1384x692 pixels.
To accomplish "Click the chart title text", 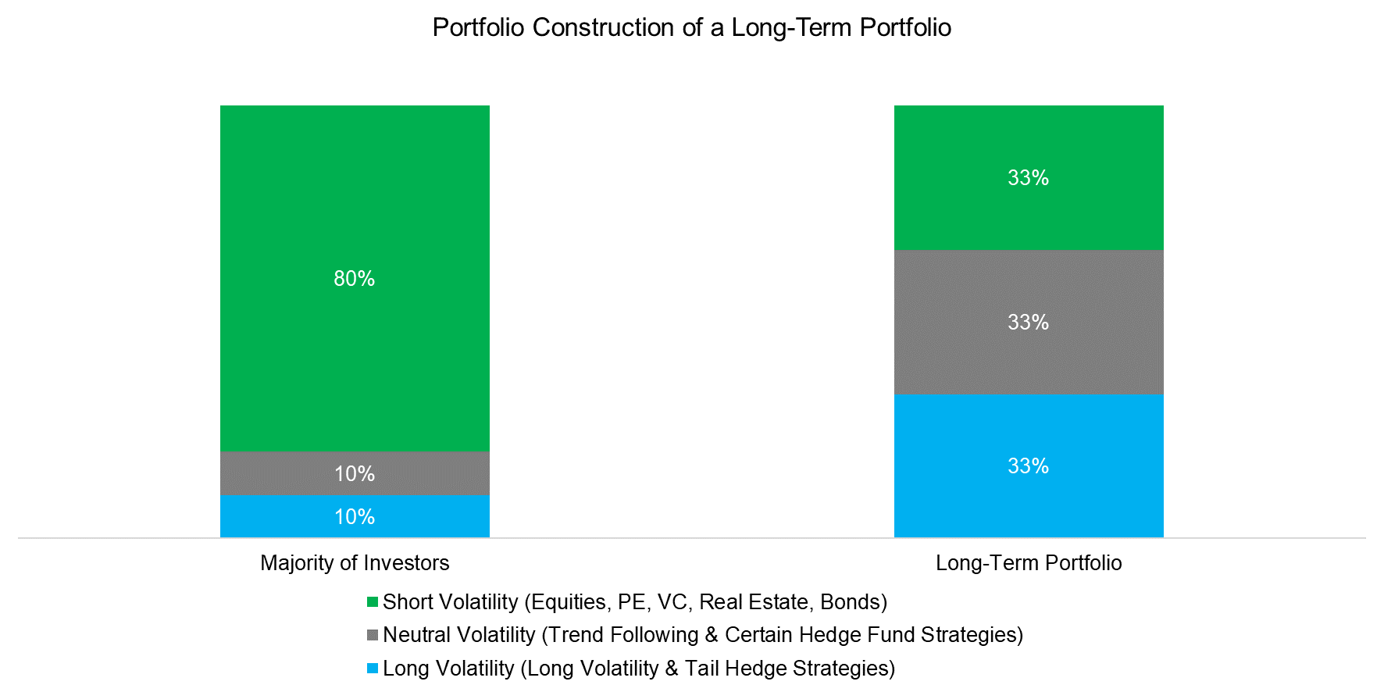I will coord(691,28).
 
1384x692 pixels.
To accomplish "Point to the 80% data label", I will coord(355,279).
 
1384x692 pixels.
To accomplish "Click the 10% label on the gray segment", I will coord(355,474).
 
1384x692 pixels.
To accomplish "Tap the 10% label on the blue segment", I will coord(355,517).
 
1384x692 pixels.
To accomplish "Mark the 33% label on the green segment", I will coord(1028,178).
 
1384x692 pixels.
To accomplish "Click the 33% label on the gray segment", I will coord(1028,323).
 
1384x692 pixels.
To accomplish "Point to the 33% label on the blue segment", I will coord(1028,466).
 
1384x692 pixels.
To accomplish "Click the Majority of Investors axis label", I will coord(355,563).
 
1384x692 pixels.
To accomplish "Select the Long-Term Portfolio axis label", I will coord(1029,563).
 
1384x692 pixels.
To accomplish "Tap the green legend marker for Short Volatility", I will coord(373,602).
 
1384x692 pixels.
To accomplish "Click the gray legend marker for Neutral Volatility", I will coord(373,635).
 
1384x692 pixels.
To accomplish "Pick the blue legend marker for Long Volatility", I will coord(373,669).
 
